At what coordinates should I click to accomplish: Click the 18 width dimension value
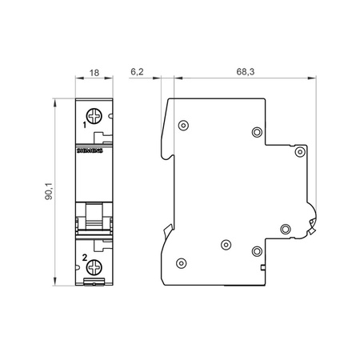point(94,72)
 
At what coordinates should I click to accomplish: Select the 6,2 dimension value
point(136,72)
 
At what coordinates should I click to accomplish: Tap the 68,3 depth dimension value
point(246,72)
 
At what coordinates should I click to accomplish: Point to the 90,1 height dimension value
point(50,193)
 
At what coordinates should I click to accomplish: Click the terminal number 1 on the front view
point(85,126)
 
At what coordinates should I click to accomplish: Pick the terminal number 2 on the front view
point(85,258)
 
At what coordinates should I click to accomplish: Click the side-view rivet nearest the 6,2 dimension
point(184,124)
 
